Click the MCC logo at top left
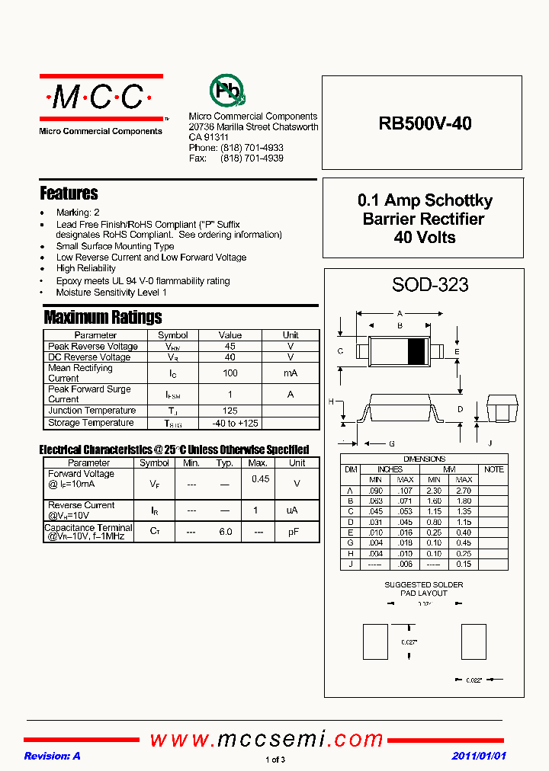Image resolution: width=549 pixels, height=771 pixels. tap(101, 98)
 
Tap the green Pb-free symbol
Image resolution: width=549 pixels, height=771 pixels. tap(226, 91)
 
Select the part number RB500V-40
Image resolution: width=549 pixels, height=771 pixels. tap(425, 123)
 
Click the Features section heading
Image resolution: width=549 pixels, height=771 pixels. tap(69, 194)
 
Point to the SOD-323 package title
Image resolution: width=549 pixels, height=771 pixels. tap(430, 285)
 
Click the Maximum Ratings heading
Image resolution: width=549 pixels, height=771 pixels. tap(103, 317)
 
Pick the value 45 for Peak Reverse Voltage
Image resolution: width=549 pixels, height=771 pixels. tap(230, 346)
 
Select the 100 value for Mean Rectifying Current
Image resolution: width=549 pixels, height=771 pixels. tap(230, 373)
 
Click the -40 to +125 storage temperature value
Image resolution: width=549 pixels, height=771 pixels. tap(230, 423)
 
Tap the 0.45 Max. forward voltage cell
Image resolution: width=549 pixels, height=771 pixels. tap(260, 479)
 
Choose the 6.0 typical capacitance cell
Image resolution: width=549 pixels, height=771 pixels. tap(225, 531)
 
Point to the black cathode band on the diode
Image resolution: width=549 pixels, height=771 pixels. tap(416, 351)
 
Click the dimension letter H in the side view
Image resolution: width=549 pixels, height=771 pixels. tap(331, 401)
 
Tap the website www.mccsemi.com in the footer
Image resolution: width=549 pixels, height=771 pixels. tap(267, 739)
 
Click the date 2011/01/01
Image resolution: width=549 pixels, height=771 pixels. tap(479, 756)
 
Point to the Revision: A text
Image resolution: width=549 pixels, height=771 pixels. tap(52, 756)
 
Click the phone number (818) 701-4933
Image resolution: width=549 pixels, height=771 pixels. tap(252, 148)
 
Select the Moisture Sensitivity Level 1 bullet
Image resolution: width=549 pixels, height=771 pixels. tap(111, 293)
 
